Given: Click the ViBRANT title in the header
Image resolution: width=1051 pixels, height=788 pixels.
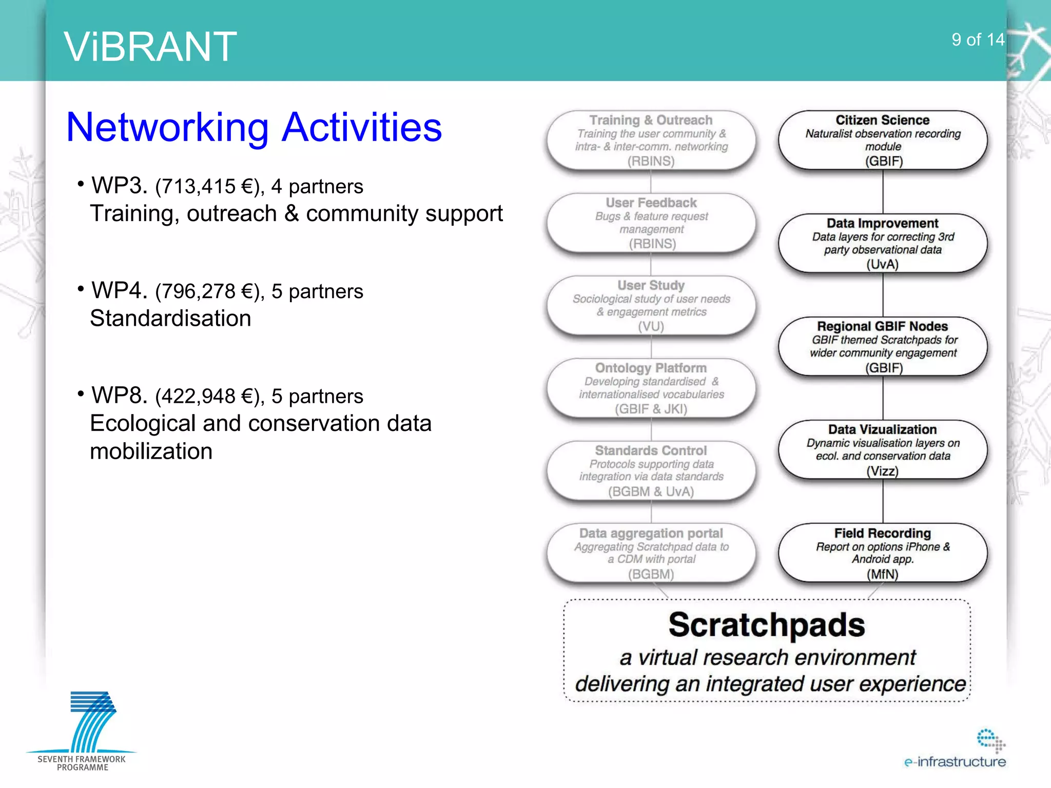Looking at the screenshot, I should coord(150,47).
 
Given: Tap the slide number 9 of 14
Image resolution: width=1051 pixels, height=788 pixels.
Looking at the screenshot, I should coord(977,40).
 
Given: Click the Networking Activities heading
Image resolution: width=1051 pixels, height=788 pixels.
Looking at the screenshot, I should coord(254,127).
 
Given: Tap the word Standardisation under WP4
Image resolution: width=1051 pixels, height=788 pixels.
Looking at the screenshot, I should coord(170,319).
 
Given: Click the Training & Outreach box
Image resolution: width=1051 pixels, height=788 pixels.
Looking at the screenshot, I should coord(651,140).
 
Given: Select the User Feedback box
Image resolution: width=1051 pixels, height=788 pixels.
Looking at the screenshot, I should coord(651,223).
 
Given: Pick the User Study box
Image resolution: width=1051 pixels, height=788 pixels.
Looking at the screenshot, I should coord(651,305).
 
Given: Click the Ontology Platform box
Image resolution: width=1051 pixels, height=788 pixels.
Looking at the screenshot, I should coord(651,388).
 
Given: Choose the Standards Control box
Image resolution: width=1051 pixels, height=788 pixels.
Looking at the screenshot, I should coord(651,470).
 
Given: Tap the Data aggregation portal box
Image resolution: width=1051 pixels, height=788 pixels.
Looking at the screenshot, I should coord(651,553).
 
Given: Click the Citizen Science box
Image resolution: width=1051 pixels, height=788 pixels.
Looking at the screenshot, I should coord(883,140).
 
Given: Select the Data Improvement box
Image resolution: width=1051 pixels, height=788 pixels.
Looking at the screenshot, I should coord(883,243).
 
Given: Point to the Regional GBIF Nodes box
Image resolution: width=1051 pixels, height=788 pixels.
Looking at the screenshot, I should coord(883,346).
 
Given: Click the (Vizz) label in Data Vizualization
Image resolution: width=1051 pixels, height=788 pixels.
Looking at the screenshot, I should coord(883,471).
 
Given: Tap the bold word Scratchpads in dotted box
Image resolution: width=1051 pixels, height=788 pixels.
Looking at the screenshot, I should coord(767,625).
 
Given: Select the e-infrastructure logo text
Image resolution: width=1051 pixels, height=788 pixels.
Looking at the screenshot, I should coord(955,762).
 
